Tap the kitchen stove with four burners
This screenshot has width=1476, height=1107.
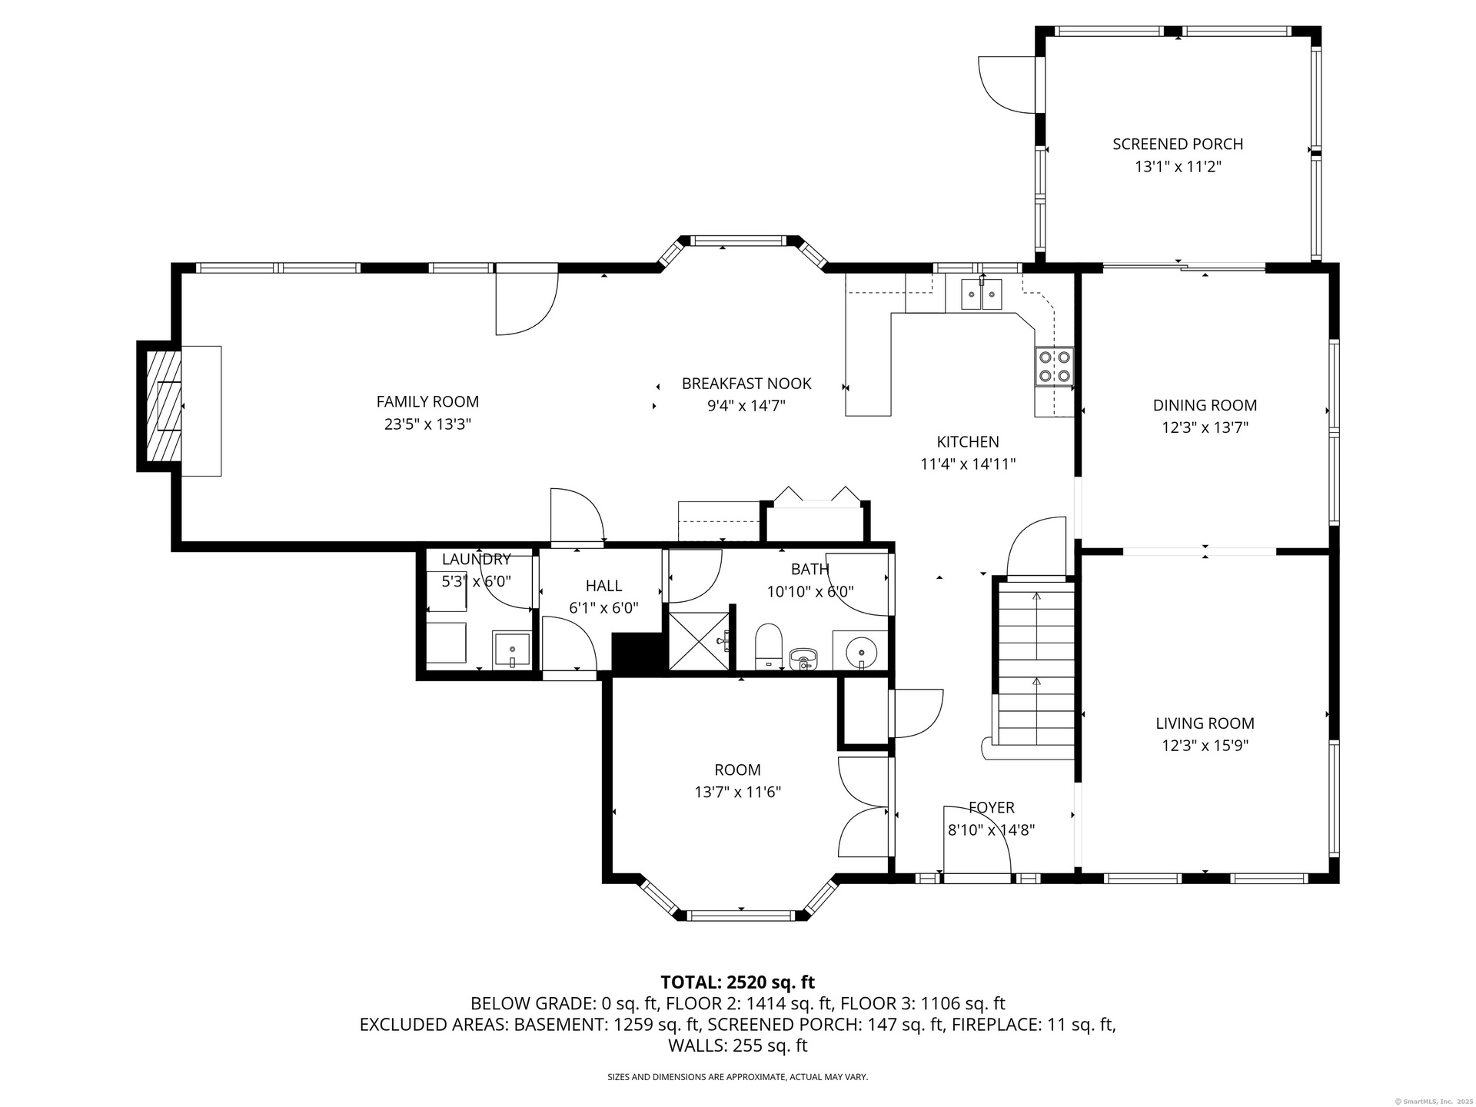(1054, 367)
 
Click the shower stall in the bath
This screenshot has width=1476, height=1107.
(698, 641)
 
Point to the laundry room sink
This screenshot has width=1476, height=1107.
(512, 650)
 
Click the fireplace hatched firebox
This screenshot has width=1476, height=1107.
(165, 405)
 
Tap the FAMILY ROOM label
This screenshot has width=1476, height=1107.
(427, 401)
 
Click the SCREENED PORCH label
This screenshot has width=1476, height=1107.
(1178, 144)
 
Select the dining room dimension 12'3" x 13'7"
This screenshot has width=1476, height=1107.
(1205, 427)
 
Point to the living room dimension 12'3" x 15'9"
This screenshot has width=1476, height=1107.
(1205, 745)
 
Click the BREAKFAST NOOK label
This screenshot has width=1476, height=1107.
(746, 384)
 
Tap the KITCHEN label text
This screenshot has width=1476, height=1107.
(968, 442)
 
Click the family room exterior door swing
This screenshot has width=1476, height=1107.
(527, 303)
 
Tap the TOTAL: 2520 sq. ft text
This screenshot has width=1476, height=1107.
(737, 982)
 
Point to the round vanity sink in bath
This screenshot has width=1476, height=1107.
(861, 653)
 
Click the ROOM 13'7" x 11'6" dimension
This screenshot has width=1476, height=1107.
(737, 792)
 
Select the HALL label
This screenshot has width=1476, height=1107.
(603, 586)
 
